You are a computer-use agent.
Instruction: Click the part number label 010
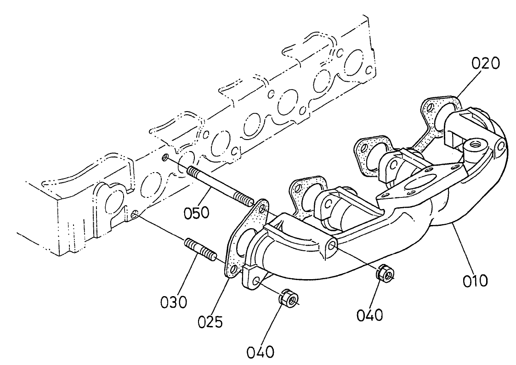(x=475, y=280)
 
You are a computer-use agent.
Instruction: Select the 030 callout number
(x=174, y=302)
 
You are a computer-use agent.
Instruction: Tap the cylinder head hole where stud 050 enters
(x=165, y=158)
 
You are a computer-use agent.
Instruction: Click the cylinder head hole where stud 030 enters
(x=134, y=214)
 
